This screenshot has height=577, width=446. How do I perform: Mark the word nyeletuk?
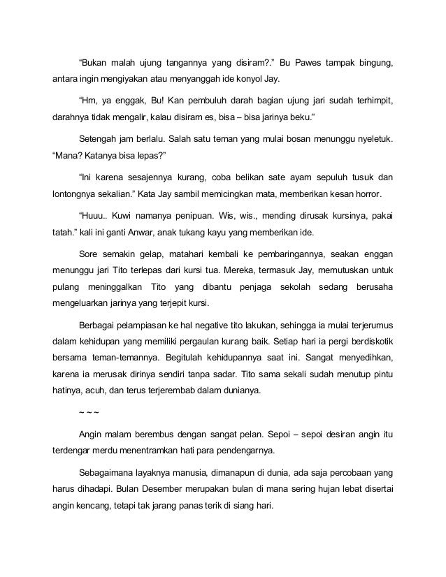pyautogui.click(x=374, y=140)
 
